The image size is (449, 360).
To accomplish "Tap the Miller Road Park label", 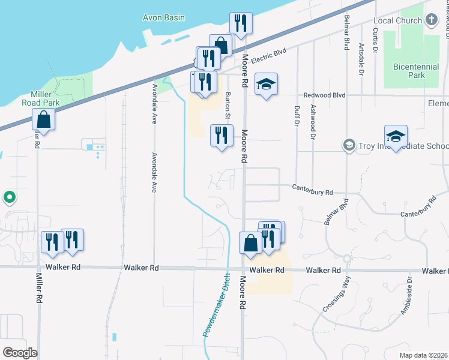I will tap(46, 98).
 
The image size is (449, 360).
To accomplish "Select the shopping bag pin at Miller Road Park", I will tap(44, 119).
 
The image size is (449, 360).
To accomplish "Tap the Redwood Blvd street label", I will tap(325, 95).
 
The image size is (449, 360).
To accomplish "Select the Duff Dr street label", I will tap(297, 116).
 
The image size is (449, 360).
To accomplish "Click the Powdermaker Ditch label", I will tap(215, 305).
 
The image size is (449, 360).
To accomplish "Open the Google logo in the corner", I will tap(20, 352).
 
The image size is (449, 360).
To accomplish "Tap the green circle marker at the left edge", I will tap(9, 196).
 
